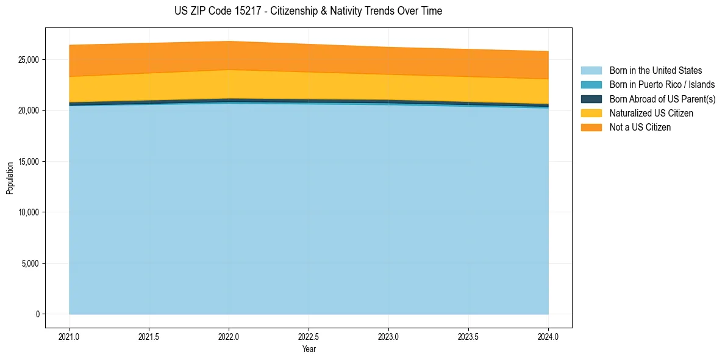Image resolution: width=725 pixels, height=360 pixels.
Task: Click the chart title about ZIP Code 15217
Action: [308, 11]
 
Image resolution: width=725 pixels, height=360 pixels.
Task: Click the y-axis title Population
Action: [10, 178]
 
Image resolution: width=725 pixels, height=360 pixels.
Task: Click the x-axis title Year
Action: [309, 349]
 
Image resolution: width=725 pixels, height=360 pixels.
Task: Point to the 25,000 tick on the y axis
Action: [27, 60]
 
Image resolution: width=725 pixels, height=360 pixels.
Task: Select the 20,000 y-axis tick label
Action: [27, 110]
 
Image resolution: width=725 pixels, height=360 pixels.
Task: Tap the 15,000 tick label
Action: [27, 162]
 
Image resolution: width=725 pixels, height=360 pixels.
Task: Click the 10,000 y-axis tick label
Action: [27, 212]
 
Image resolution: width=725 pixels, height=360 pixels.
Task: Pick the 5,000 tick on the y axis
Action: [29, 264]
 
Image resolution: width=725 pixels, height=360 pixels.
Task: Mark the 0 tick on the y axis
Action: [38, 314]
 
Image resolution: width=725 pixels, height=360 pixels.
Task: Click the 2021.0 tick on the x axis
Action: [69, 336]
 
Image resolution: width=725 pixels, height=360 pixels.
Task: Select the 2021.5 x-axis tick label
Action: [149, 336]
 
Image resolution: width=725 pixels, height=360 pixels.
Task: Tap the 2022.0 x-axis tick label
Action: [229, 336]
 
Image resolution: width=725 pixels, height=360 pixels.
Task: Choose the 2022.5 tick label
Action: [309, 336]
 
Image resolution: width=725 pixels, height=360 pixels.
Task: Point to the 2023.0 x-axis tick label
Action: [388, 336]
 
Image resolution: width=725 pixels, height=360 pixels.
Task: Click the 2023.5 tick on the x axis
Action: [468, 336]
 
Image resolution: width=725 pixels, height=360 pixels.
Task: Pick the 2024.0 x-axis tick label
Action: [548, 336]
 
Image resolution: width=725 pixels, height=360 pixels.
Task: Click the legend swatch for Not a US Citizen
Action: [591, 128]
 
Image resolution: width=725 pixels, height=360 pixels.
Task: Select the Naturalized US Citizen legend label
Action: [651, 113]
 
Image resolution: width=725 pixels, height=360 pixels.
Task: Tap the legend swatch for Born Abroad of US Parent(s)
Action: [591, 99]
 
